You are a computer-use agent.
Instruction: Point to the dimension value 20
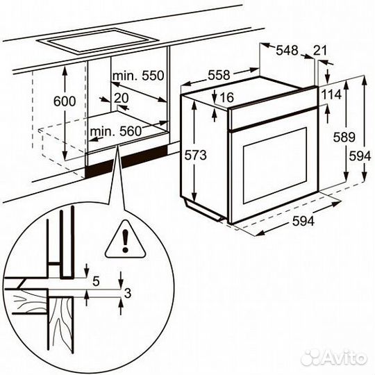coord(122,99)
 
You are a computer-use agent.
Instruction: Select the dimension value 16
coord(226,99)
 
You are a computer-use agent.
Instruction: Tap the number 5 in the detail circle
coord(97,281)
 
